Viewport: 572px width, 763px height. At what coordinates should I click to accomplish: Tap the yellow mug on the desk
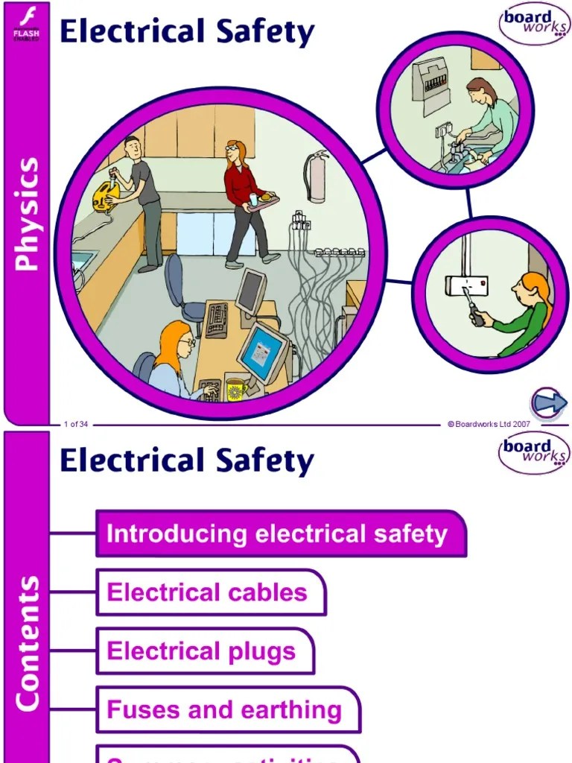pos(236,388)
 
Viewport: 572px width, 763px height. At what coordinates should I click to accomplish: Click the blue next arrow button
pos(549,403)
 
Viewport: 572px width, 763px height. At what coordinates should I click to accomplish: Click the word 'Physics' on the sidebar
pos(26,213)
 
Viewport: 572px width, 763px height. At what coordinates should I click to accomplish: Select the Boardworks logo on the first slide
pos(533,23)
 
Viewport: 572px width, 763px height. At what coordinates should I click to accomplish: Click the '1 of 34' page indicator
pos(76,425)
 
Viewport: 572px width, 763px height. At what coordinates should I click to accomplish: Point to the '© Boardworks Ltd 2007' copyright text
pos(489,424)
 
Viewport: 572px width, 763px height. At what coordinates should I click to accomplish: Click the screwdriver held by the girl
pos(473,308)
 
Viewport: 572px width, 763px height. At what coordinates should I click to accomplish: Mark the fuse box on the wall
pos(430,82)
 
